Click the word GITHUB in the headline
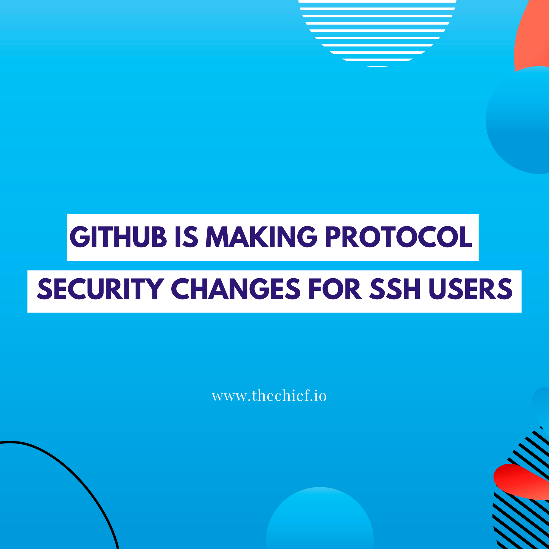tap(118, 237)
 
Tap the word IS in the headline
tap(186, 237)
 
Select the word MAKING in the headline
tap(261, 237)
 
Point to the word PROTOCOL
tap(398, 237)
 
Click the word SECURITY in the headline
tap(100, 289)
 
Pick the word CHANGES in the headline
tap(236, 289)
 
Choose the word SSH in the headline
tap(395, 289)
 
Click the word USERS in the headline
tap(471, 289)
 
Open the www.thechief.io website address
tap(269, 396)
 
